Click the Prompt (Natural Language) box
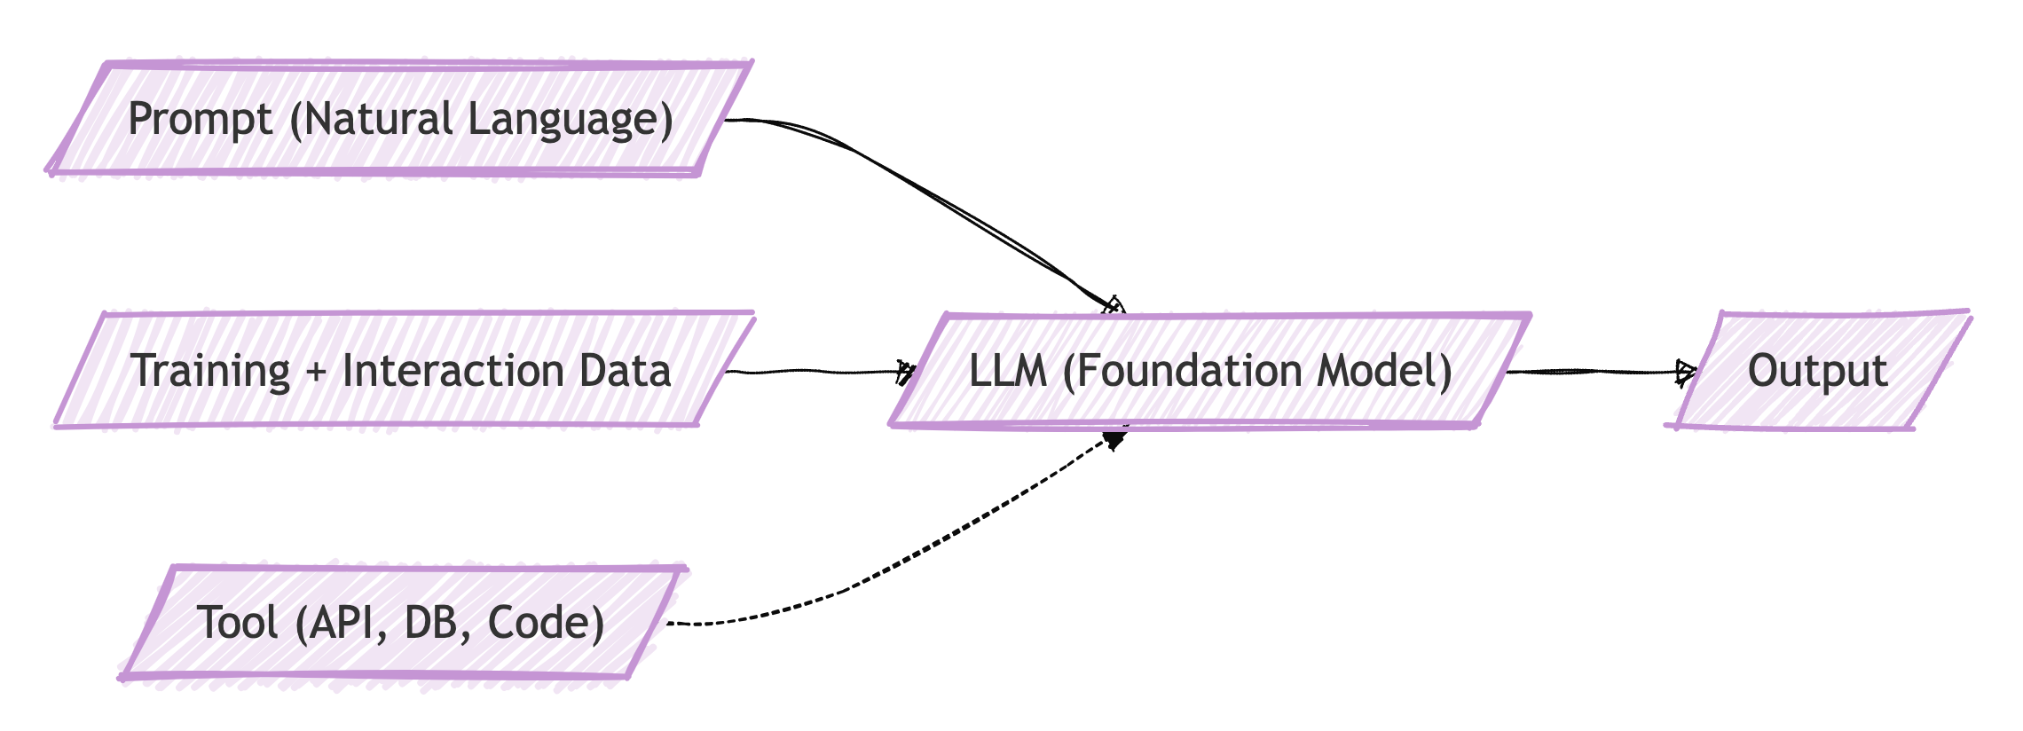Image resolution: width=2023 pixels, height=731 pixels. [400, 119]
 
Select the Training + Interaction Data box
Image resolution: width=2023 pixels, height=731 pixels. [404, 370]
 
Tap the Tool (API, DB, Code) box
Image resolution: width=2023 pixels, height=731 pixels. [404, 622]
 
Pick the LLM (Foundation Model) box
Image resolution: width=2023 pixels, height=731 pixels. [1210, 371]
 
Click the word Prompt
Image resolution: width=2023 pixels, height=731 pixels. [201, 120]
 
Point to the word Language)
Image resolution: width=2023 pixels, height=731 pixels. [571, 120]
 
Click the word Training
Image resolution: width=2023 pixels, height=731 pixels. [210, 371]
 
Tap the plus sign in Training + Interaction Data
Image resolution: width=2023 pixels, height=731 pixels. [316, 372]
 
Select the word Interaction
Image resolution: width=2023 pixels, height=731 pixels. [453, 370]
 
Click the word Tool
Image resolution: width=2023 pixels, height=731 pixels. [238, 622]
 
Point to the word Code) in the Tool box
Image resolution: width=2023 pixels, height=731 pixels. [547, 623]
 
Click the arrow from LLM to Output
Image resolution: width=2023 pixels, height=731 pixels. [1602, 372]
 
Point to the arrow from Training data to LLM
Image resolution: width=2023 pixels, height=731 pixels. [820, 372]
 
